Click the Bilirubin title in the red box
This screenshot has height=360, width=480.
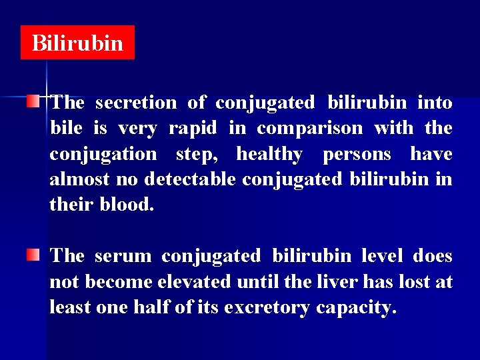point(77,43)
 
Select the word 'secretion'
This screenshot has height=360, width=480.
point(136,103)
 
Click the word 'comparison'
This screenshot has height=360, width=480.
point(310,128)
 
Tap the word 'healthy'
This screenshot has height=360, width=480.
point(269,154)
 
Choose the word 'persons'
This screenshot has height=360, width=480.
point(357,154)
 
